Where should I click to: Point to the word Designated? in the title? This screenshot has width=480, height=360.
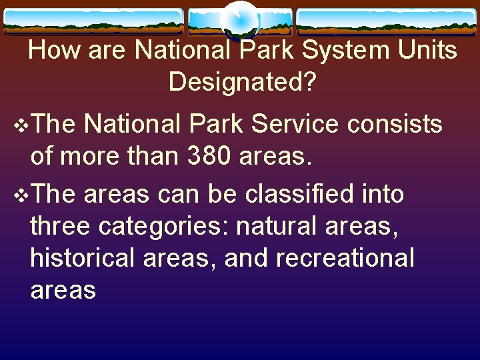(243, 81)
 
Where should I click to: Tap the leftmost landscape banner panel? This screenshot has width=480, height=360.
(93, 21)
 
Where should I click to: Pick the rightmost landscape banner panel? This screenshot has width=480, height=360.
(387, 21)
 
